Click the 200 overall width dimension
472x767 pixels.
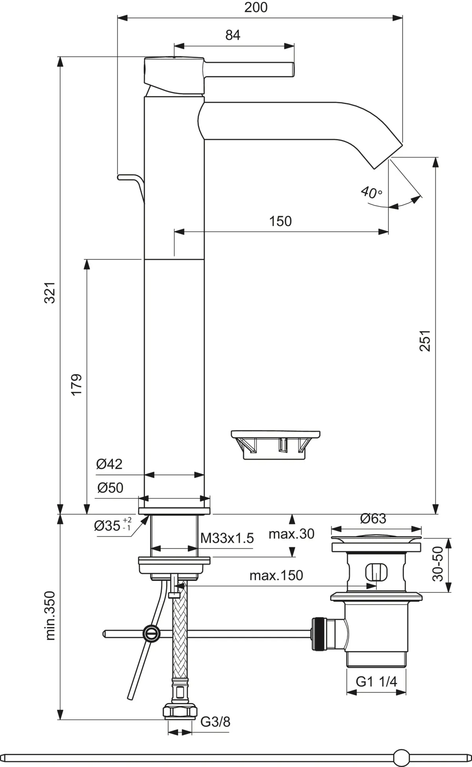tap(256, 7)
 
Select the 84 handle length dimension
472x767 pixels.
tap(233, 35)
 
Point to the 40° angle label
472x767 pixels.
tap(371, 192)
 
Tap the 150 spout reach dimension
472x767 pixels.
tap(280, 221)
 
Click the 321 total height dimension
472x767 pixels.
tap(50, 292)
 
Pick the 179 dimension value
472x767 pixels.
tap(76, 384)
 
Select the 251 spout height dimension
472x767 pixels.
tap(425, 340)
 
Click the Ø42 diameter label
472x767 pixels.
tap(109, 464)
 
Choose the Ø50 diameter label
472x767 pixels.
tap(110, 488)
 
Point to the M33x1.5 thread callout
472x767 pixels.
tap(227, 538)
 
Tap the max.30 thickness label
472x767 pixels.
tap(291, 534)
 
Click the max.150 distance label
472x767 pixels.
tap(276, 575)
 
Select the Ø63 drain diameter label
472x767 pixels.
tap(373, 519)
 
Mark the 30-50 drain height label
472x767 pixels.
tap(437, 564)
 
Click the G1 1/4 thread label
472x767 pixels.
tap(376, 681)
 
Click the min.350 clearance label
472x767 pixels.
tap(50, 615)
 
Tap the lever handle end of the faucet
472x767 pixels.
tap(292, 70)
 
